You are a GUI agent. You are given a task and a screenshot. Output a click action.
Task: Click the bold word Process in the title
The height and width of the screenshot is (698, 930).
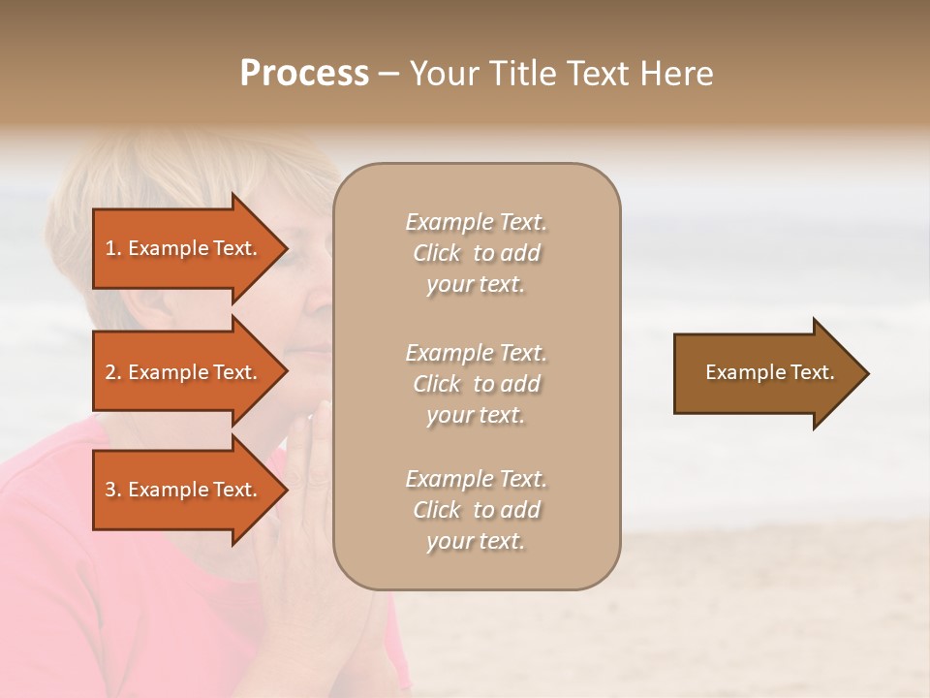click(304, 74)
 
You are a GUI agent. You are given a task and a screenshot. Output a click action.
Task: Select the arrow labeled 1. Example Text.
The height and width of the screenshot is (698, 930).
click(184, 248)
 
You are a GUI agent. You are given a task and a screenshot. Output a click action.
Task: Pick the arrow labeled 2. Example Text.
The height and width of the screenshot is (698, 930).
click(184, 372)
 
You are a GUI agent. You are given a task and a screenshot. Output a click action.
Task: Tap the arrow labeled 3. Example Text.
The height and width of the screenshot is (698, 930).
click(184, 490)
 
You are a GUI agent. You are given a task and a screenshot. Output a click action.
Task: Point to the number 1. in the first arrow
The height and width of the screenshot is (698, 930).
click(113, 248)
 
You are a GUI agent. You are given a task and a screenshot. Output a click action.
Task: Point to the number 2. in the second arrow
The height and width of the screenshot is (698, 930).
click(113, 372)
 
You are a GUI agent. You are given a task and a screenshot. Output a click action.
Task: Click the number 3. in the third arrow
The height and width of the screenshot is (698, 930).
click(113, 490)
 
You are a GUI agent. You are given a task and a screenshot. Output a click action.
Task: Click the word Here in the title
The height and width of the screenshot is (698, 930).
click(679, 74)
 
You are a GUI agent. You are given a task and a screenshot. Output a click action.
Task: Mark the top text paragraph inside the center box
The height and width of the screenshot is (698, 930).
click(477, 253)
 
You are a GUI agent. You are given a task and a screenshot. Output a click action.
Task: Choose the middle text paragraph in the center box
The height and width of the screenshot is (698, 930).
click(477, 384)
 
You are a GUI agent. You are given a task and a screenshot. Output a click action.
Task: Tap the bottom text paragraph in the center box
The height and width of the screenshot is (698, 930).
click(477, 510)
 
